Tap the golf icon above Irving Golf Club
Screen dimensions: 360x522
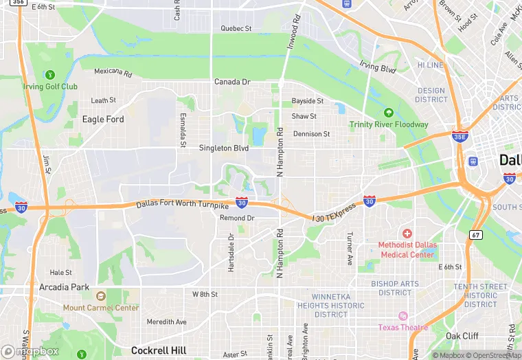49,74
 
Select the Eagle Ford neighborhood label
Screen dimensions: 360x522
103,119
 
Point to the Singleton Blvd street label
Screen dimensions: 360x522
223,148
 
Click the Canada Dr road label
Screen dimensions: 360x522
232,82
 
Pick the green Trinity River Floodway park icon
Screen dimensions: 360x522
389,112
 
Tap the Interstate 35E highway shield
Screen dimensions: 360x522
460,137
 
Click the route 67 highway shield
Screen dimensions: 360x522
477,235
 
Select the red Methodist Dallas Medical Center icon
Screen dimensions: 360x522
407,234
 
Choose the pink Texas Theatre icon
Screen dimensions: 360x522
402,316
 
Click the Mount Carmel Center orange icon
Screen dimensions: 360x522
100,297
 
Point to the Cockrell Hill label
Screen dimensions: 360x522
159,350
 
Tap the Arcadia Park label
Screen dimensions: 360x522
64,286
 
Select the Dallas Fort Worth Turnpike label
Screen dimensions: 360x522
182,204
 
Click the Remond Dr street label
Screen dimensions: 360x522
237,218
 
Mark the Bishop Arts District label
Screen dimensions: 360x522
395,288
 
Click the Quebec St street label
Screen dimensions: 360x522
236,28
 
